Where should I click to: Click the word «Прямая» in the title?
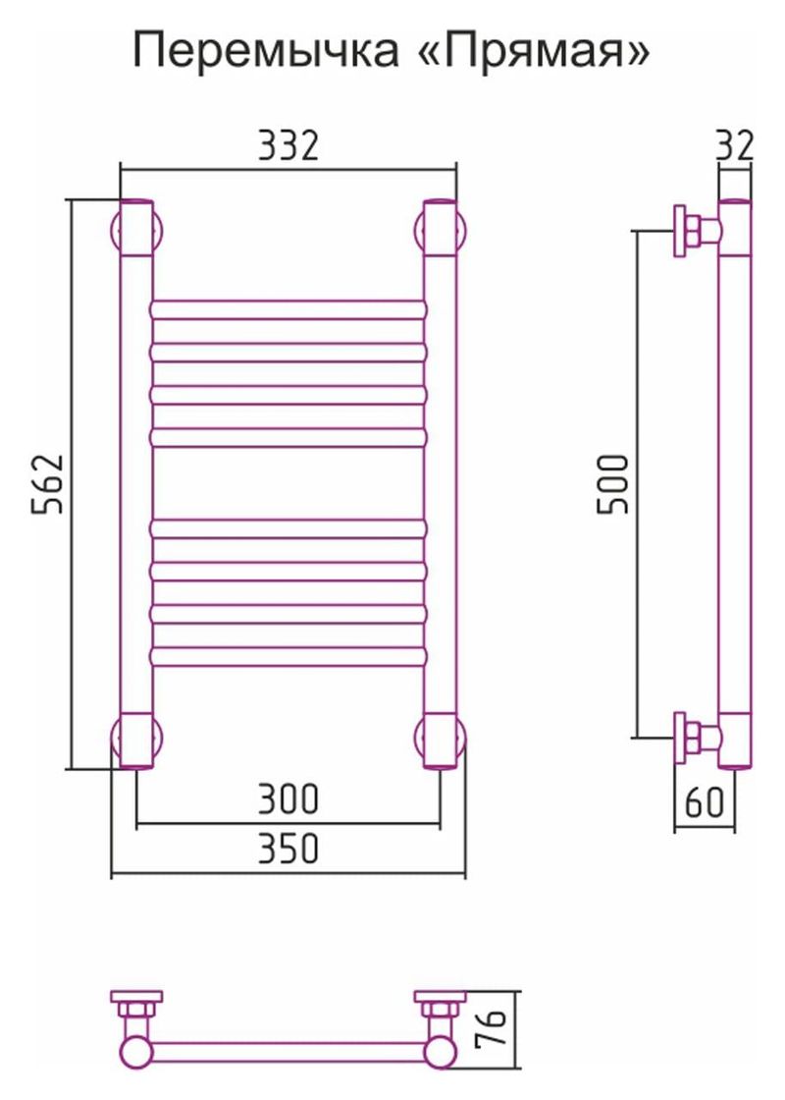click(539, 51)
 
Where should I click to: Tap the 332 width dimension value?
click(288, 145)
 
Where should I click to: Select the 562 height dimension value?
click(48, 484)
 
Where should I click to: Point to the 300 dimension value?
click(288, 798)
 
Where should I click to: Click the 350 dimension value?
click(288, 849)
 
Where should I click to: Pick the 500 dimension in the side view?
click(613, 484)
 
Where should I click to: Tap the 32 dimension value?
click(735, 145)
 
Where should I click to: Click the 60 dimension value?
click(704, 801)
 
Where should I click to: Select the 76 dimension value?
click(496, 1028)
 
